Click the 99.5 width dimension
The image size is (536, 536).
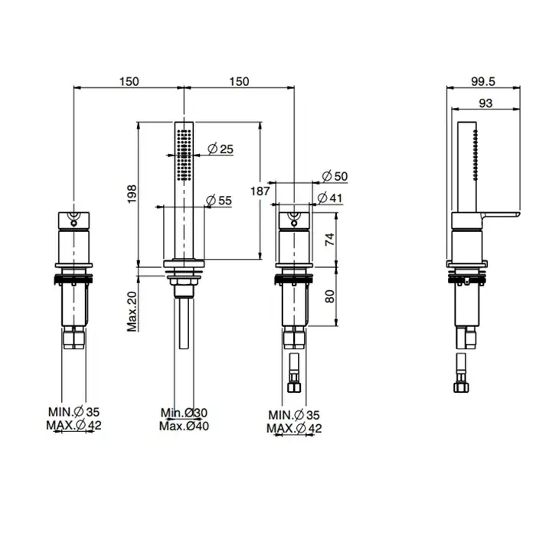[x=483, y=81]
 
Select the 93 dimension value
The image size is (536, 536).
[x=485, y=103]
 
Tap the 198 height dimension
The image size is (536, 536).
[x=132, y=194]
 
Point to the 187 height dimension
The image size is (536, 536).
[x=260, y=191]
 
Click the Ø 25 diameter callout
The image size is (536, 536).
[x=221, y=149]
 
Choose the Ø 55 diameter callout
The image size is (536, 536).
[x=219, y=201]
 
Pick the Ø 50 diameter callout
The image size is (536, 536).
[x=335, y=176]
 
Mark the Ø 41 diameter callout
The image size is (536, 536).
[x=330, y=198]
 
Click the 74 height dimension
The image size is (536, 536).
[x=330, y=239]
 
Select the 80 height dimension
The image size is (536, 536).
[x=330, y=296]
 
